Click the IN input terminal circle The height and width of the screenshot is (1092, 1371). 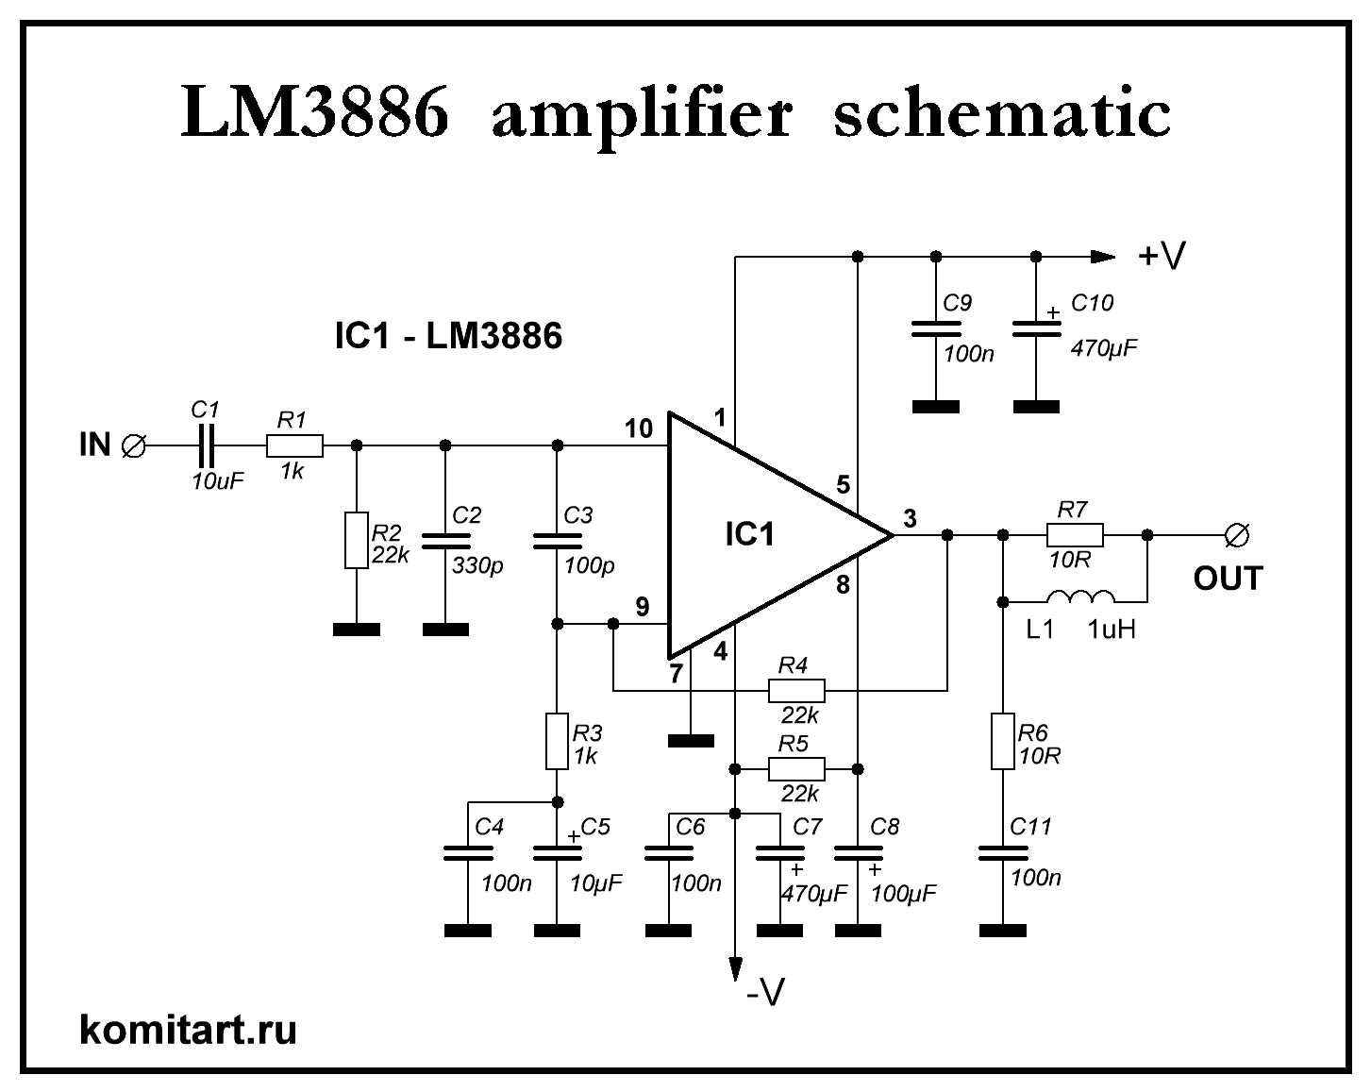(x=134, y=445)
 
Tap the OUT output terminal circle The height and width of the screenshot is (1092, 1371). (x=1237, y=535)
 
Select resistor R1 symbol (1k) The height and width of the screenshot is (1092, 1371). (x=294, y=445)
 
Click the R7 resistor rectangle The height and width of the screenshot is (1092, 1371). (x=1075, y=535)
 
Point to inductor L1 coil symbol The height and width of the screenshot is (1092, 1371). (x=1080, y=596)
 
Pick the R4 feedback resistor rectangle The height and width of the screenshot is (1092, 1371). (x=796, y=690)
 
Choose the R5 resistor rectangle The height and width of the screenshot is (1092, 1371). (x=796, y=769)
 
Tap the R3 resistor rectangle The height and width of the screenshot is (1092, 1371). (x=557, y=742)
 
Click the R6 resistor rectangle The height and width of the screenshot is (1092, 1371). (x=1002, y=742)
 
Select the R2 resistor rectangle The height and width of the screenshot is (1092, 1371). (x=357, y=540)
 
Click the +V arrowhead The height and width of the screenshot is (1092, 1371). (x=1103, y=257)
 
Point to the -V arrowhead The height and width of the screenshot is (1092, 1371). (x=735, y=968)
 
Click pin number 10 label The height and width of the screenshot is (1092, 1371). (x=639, y=428)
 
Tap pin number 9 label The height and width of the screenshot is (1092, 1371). (x=643, y=606)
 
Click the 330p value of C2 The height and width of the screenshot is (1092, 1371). (x=477, y=566)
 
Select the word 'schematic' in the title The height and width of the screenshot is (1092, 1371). (x=1002, y=113)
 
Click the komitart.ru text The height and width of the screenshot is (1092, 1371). (x=188, y=1030)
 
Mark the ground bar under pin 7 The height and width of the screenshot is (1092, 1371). (x=692, y=741)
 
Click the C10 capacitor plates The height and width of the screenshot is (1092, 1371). (x=1037, y=329)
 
